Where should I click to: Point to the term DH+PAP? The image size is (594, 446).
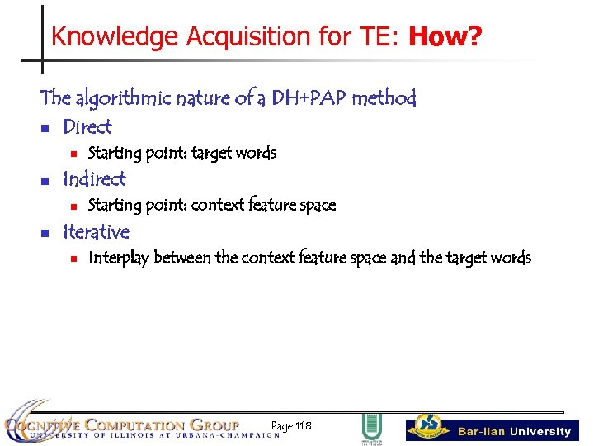click(x=317, y=98)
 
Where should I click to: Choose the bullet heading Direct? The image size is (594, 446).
click(x=87, y=127)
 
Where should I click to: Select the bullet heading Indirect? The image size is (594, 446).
click(x=94, y=179)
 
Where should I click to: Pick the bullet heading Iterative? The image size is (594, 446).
click(x=96, y=232)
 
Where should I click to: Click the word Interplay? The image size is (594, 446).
click(x=119, y=258)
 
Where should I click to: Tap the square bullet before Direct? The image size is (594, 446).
click(x=46, y=129)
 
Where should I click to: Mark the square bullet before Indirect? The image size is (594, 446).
click(x=46, y=181)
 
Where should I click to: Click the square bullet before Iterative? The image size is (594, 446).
click(x=46, y=234)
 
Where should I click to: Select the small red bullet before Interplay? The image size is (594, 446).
click(x=73, y=259)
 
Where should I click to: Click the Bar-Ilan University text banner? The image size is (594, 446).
click(x=514, y=431)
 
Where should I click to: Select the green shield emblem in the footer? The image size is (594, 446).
click(x=370, y=427)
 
